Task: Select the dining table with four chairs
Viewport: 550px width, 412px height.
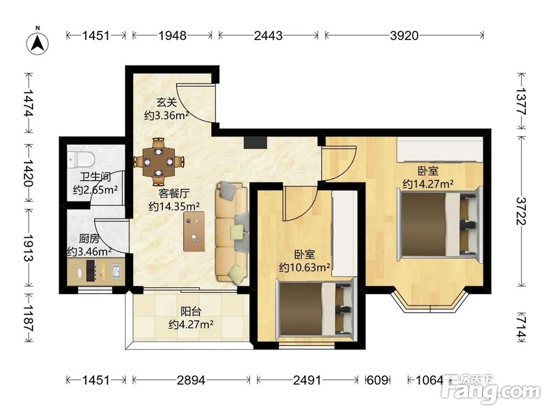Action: [x=159, y=162]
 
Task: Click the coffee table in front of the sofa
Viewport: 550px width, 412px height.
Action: [x=194, y=231]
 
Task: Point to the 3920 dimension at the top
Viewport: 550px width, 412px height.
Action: [x=404, y=35]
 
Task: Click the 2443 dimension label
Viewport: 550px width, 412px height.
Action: [x=268, y=35]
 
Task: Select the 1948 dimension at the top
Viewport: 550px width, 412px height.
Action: [x=172, y=35]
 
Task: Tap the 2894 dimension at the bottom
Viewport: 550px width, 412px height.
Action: [x=191, y=380]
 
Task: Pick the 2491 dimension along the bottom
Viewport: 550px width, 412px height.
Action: [x=307, y=380]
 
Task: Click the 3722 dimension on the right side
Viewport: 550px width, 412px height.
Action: [x=521, y=211]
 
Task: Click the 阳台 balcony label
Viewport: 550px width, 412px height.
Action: [x=191, y=311]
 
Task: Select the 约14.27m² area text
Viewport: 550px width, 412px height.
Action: [x=428, y=183]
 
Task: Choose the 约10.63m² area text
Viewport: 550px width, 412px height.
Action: [x=305, y=268]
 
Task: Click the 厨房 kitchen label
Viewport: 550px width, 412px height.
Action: [x=89, y=239]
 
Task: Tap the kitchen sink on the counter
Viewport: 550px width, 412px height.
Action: [x=117, y=271]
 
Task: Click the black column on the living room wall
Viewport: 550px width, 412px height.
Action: [x=255, y=142]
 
